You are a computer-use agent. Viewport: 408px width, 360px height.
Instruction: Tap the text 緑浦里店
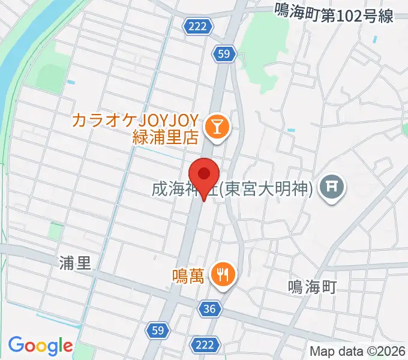coord(165,137)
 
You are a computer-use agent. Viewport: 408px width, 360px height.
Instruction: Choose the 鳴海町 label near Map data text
coord(311,286)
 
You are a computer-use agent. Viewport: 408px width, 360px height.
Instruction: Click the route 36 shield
coord(209,309)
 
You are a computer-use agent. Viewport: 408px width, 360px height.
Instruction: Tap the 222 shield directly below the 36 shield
coord(204,344)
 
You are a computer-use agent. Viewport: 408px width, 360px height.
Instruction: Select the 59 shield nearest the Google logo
coord(158,329)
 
